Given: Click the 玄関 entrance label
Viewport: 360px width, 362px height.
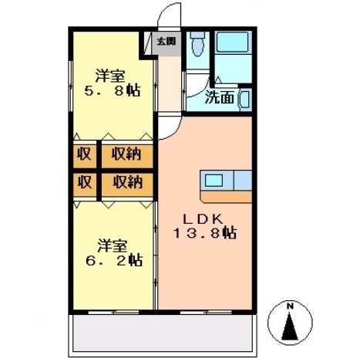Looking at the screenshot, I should tap(166, 41).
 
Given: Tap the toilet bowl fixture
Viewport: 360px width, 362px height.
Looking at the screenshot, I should tap(196, 46).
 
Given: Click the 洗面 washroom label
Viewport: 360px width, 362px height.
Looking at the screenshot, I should tap(220, 97).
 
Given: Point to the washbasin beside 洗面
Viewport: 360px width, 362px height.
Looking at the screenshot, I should tap(244, 99).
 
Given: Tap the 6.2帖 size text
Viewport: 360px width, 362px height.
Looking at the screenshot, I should tap(113, 260).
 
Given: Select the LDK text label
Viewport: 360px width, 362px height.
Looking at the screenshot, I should tap(204, 218).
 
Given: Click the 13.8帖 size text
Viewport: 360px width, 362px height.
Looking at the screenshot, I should tap(204, 233).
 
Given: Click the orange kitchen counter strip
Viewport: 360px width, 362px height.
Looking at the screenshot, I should tap(227, 197).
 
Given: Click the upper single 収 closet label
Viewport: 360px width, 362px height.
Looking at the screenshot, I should tap(84, 154).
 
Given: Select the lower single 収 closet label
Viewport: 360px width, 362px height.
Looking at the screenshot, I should tap(84, 182).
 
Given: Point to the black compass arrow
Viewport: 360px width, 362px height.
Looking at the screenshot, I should tap(291, 326).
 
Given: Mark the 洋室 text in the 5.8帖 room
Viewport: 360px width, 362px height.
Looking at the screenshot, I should tap(111, 76).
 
